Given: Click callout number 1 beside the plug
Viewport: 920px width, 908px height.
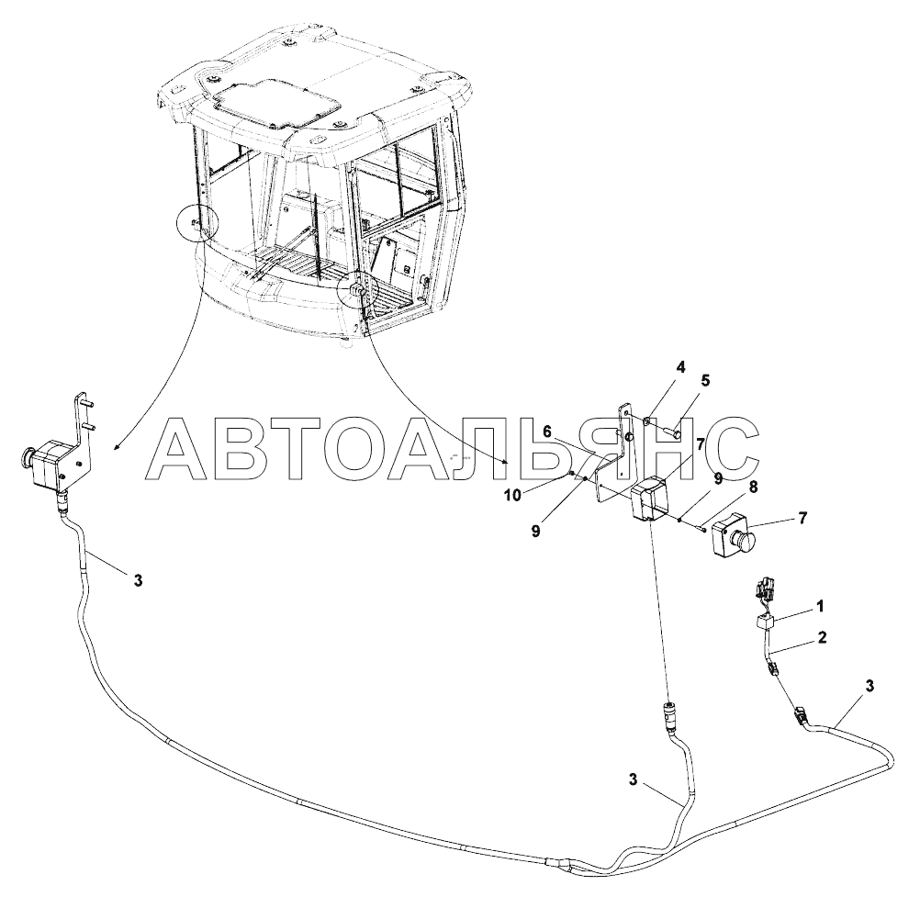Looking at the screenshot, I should coord(820,606).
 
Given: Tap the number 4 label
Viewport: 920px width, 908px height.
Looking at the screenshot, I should coord(680,368).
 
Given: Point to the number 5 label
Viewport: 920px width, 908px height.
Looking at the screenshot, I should coord(705,380).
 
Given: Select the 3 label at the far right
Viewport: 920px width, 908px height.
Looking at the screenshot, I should coord(870,685).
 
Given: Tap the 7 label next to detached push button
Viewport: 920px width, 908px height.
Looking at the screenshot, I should coord(802,519).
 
